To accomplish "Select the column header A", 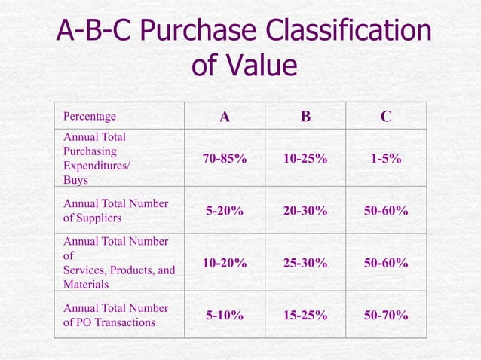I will pos(225,117).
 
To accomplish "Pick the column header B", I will pos(305,117).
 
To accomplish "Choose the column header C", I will pos(386,117).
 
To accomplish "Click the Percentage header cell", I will pos(90,117).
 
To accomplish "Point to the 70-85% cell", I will pos(225,159).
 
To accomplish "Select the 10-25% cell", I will pos(305,159).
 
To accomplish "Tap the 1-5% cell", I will pos(386,159).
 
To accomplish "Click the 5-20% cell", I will pos(225,211).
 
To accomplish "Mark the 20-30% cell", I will pos(305,211).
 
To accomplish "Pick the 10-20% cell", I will pos(225,263).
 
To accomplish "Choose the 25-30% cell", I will pos(305,263).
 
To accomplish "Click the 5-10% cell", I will pos(225,315).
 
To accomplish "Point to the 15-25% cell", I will pos(305,315).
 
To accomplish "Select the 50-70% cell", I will pos(386,315).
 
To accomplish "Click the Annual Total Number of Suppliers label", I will pos(115,211).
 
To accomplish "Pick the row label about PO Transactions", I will pos(115,315).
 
